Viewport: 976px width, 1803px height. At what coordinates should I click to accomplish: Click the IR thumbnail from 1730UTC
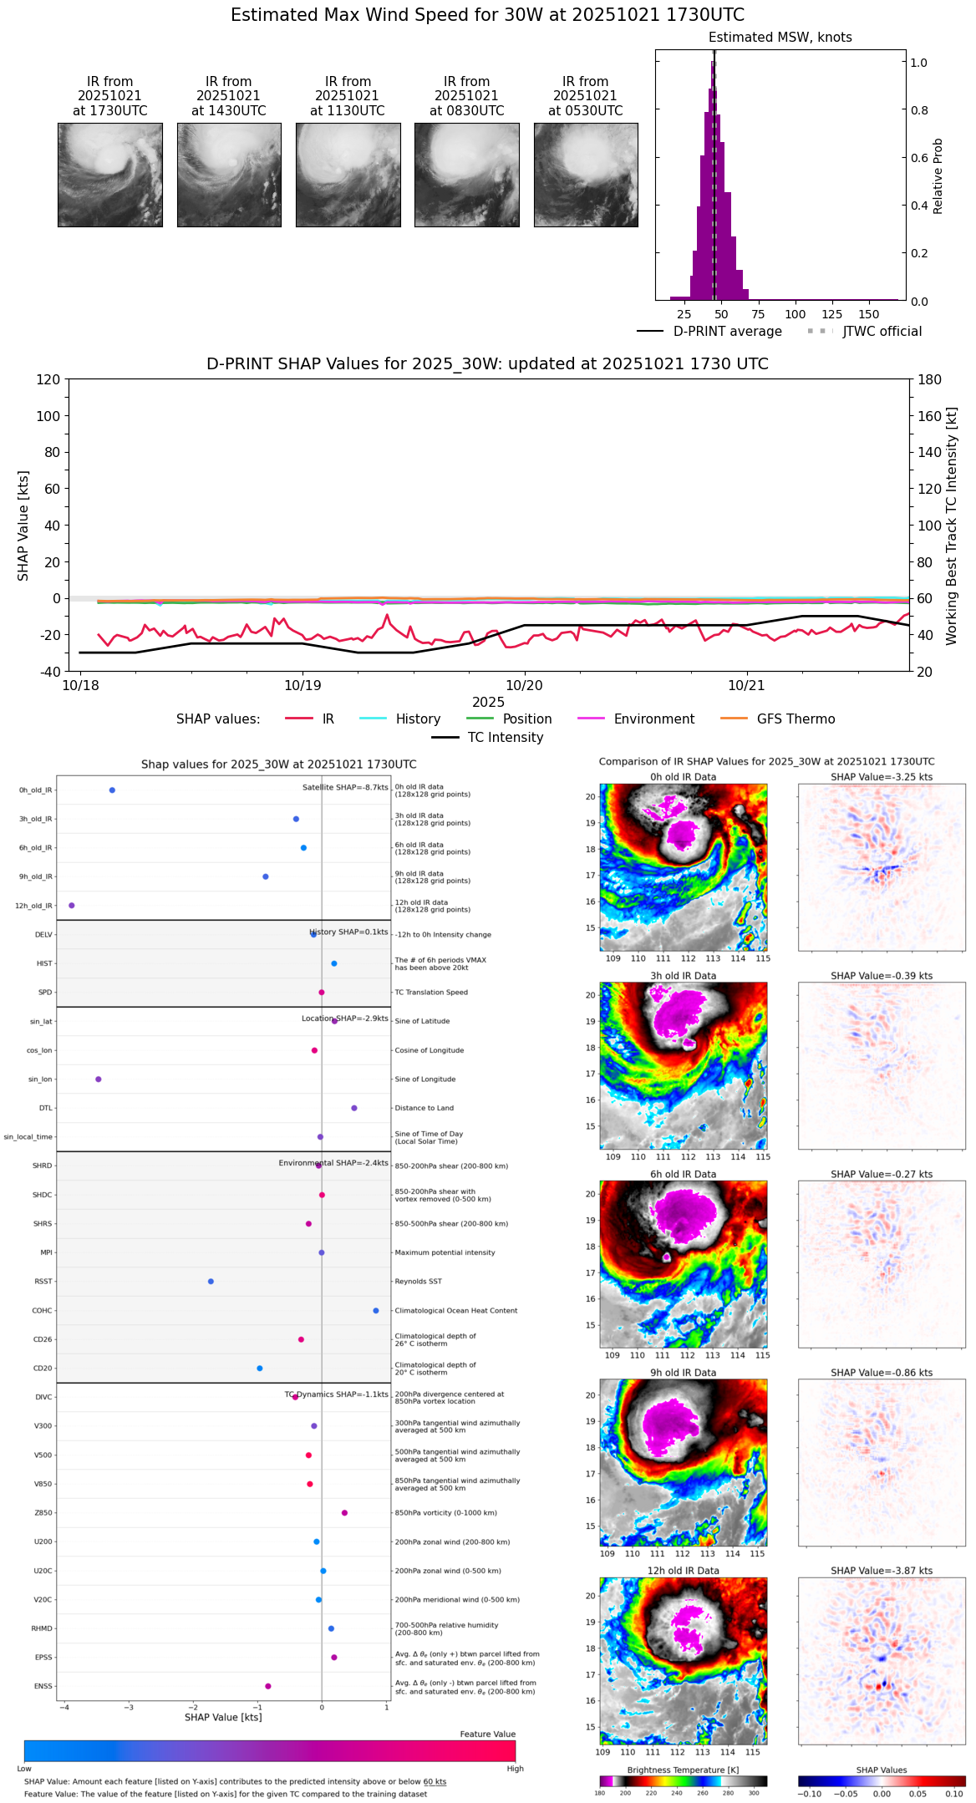click(x=110, y=175)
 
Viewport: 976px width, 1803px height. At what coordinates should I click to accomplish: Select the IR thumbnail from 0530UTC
click(x=586, y=175)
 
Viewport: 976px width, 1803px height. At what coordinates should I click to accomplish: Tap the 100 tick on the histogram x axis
click(x=796, y=314)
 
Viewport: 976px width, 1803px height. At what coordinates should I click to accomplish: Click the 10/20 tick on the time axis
click(x=524, y=685)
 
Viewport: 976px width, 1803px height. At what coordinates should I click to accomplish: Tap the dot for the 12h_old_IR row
click(x=72, y=906)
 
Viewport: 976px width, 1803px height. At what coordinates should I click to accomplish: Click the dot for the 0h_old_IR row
click(x=112, y=790)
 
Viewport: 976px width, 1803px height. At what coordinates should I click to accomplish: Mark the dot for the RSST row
click(x=211, y=1282)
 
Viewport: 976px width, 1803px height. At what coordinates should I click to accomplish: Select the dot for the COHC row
click(x=376, y=1311)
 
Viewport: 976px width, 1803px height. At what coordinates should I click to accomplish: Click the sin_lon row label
click(x=40, y=1079)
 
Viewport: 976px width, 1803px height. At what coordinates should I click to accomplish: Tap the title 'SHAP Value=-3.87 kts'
click(x=882, y=1571)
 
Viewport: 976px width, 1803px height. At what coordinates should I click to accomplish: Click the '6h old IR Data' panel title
click(x=683, y=1174)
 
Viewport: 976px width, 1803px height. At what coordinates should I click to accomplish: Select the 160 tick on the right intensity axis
click(x=930, y=416)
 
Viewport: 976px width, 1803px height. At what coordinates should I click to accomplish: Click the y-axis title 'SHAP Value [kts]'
click(x=23, y=526)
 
